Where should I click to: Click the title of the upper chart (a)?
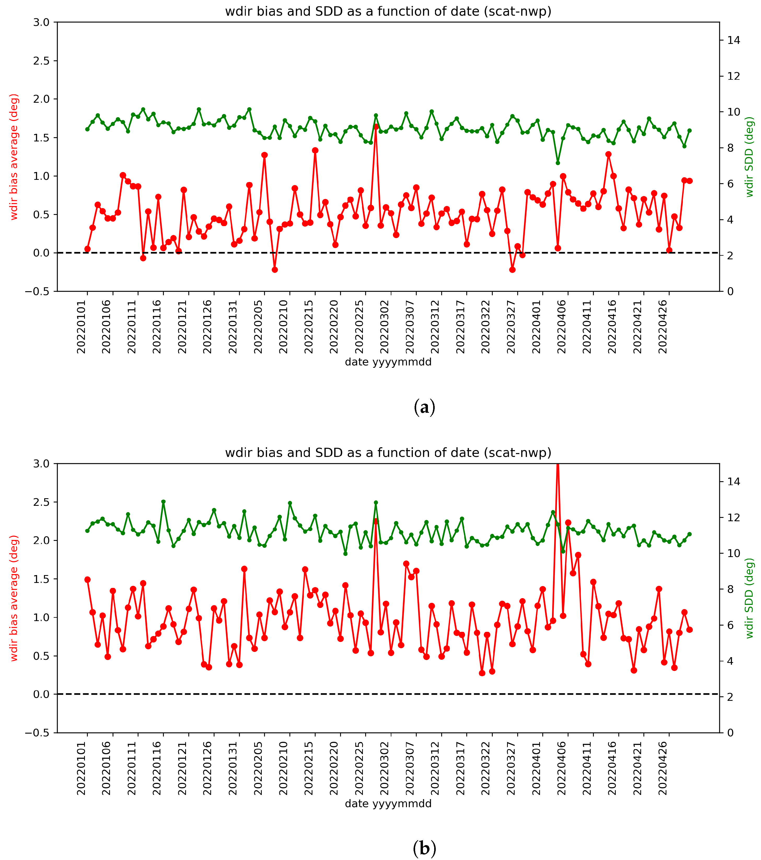[x=388, y=11]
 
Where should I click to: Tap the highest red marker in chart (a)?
[x=376, y=126]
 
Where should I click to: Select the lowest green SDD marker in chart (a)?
[x=558, y=163]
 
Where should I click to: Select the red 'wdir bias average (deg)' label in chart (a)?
[x=14, y=157]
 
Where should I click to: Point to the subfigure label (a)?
[x=424, y=407]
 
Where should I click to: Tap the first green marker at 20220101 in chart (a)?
[x=88, y=129]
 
